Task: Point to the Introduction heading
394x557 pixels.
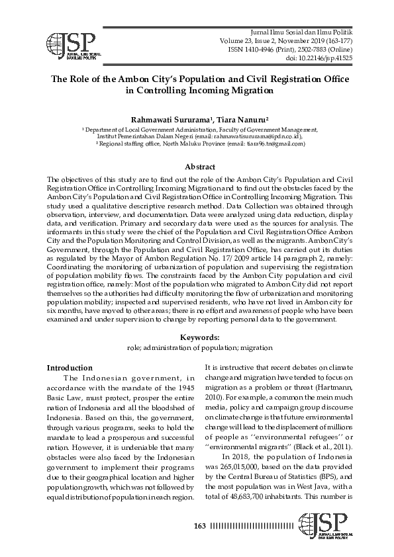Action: tap(70, 368)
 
